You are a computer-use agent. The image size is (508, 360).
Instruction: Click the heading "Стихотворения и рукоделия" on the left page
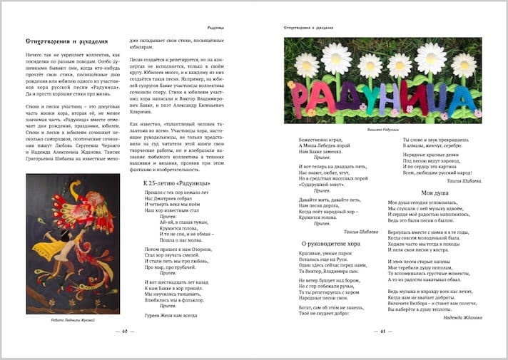coord(66,42)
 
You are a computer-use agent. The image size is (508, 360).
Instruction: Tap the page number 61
coord(382,331)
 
